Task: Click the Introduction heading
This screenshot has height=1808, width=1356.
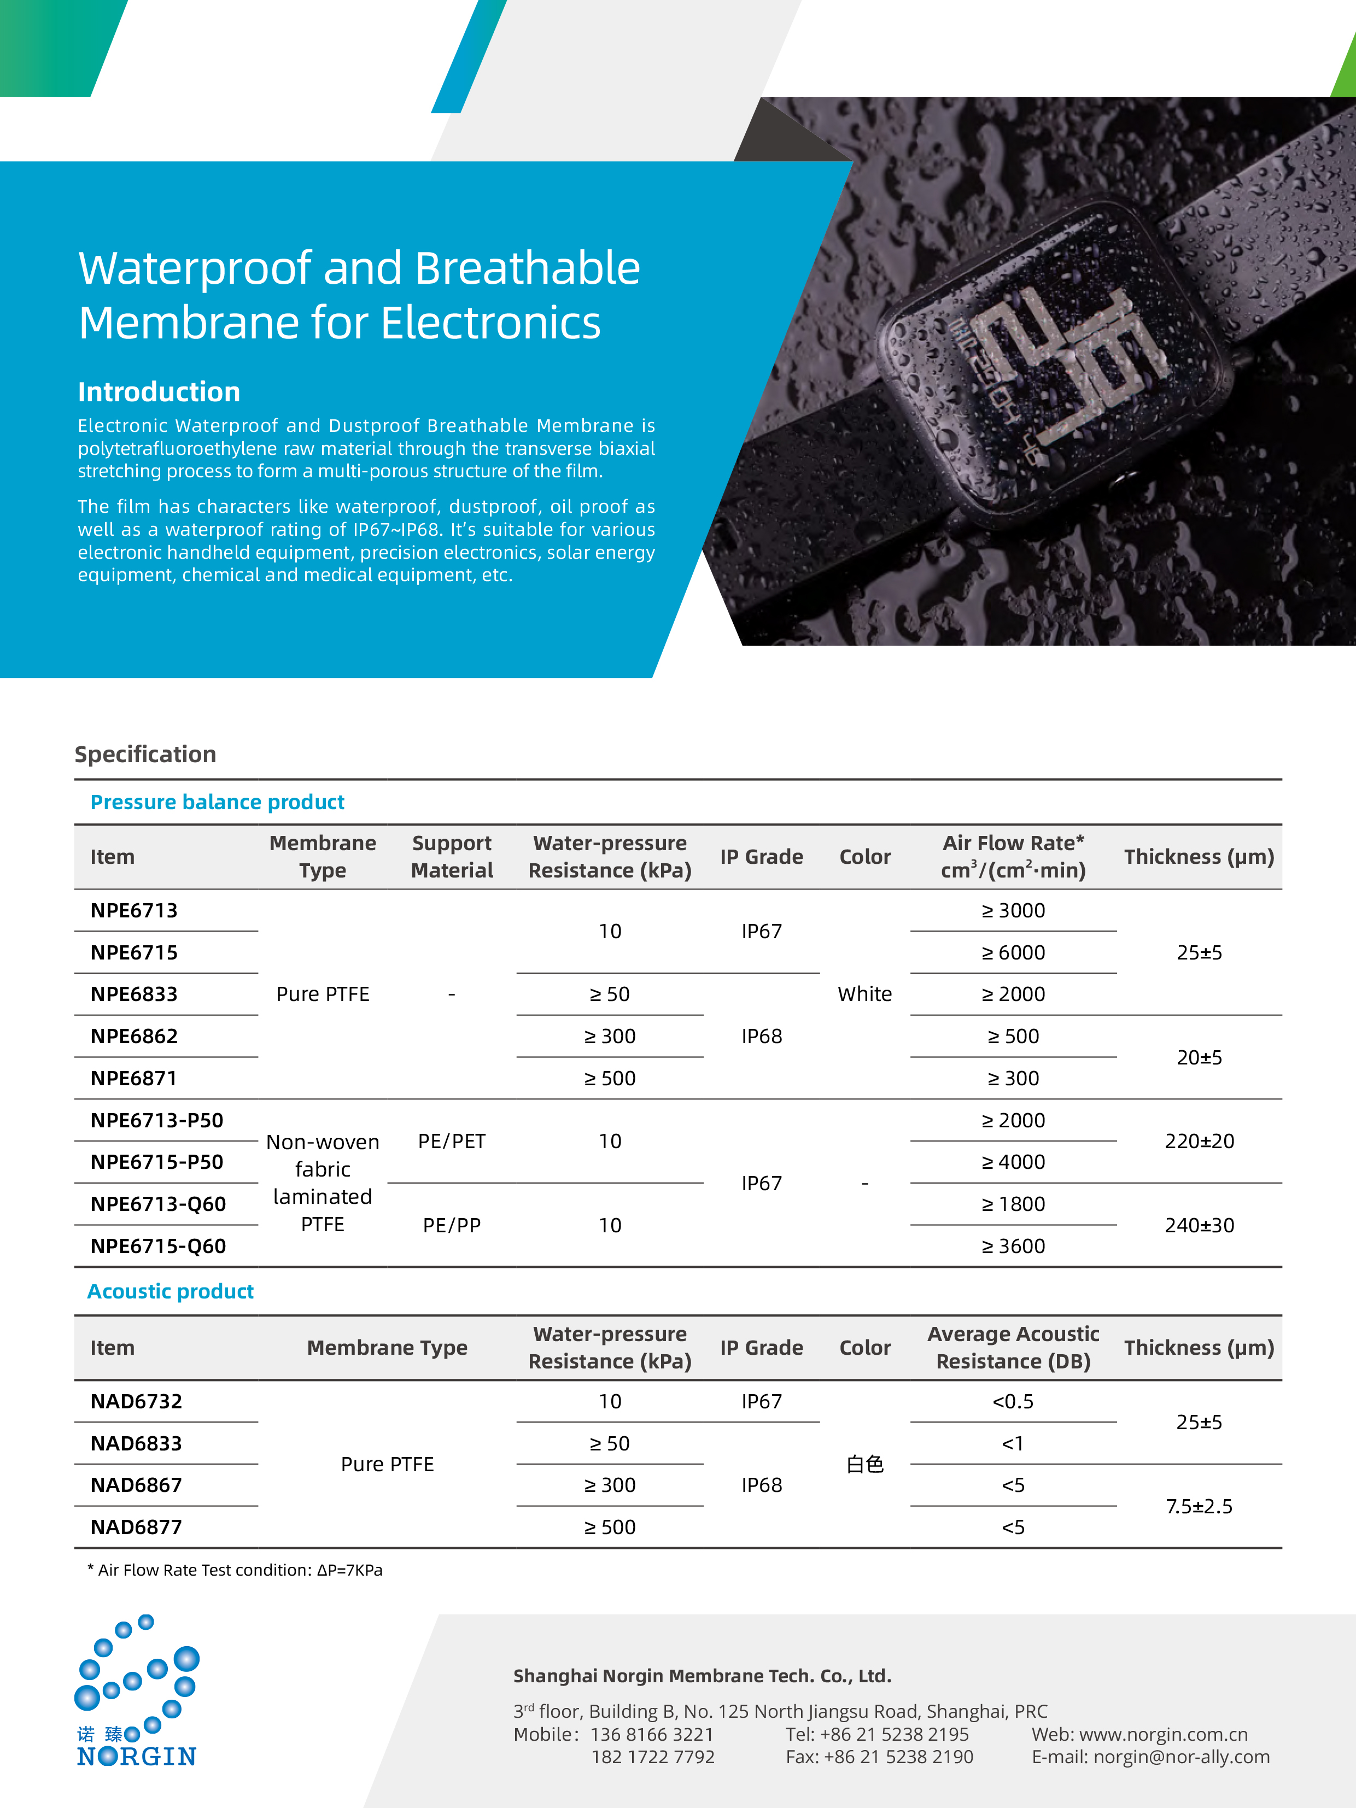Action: tap(159, 393)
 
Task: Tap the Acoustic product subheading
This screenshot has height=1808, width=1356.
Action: tap(170, 1291)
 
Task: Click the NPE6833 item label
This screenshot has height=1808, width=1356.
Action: tap(133, 994)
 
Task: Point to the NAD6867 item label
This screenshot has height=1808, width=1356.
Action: tap(136, 1485)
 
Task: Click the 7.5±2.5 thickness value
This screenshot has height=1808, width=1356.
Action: tap(1199, 1506)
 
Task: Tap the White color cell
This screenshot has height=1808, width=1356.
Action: tap(865, 994)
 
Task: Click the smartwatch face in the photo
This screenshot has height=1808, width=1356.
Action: tap(1054, 360)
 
